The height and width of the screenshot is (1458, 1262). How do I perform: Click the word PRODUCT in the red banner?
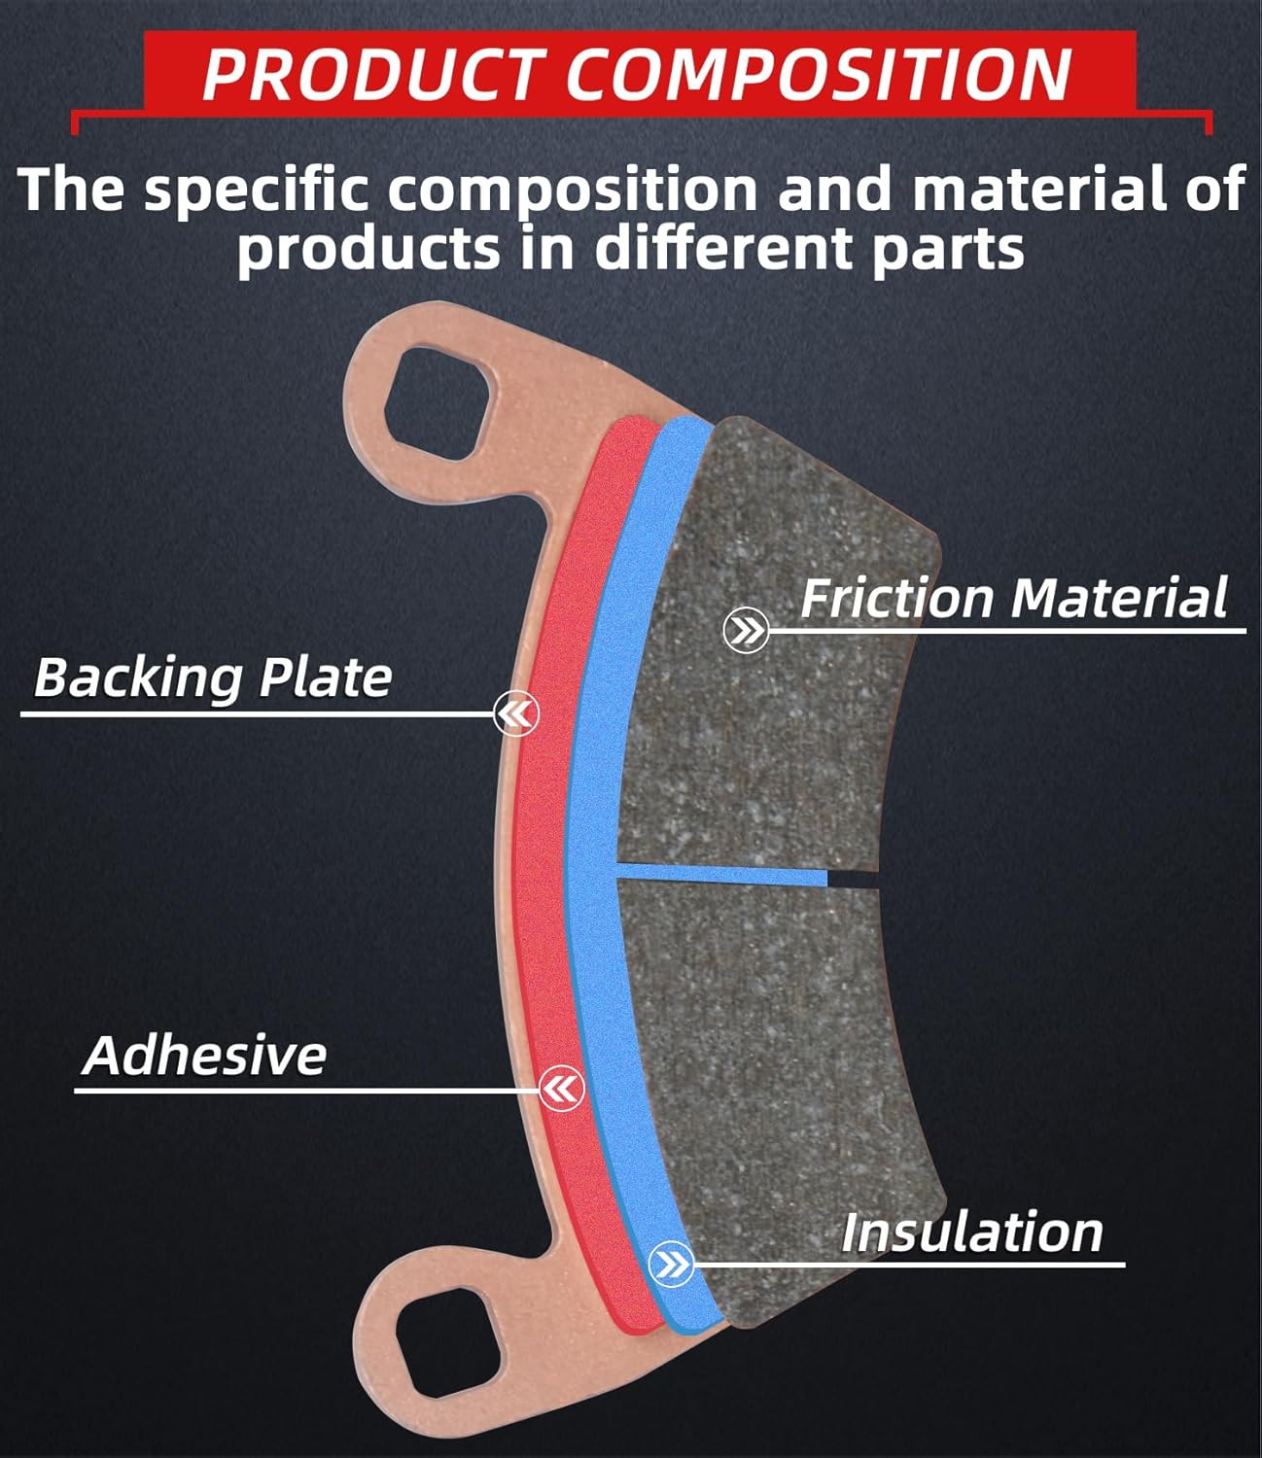pos(370,74)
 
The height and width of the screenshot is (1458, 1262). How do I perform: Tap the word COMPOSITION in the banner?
pos(819,74)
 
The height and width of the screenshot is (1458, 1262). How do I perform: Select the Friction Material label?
pos(1013,598)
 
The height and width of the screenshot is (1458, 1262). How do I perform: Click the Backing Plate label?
pos(213,677)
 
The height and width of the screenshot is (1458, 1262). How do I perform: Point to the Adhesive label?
pos(205,1056)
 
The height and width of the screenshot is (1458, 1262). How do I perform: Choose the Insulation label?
pos(971,1232)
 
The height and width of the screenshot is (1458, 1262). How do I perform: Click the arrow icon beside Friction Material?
pos(747,632)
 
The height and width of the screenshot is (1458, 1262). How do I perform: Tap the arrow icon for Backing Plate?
pos(515,715)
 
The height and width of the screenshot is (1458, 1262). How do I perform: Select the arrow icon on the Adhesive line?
pos(561,1089)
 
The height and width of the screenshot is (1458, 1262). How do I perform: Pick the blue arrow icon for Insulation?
pos(671,1264)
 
